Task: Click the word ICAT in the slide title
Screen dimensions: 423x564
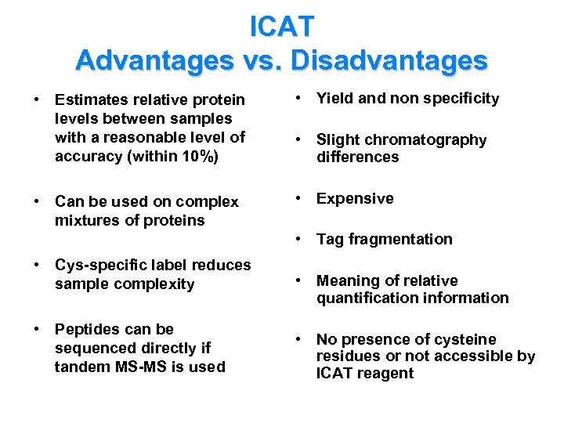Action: point(281,26)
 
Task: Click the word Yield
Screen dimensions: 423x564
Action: point(335,98)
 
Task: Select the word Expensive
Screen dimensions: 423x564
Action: point(355,198)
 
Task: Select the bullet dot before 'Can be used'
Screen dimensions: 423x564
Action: point(37,201)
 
